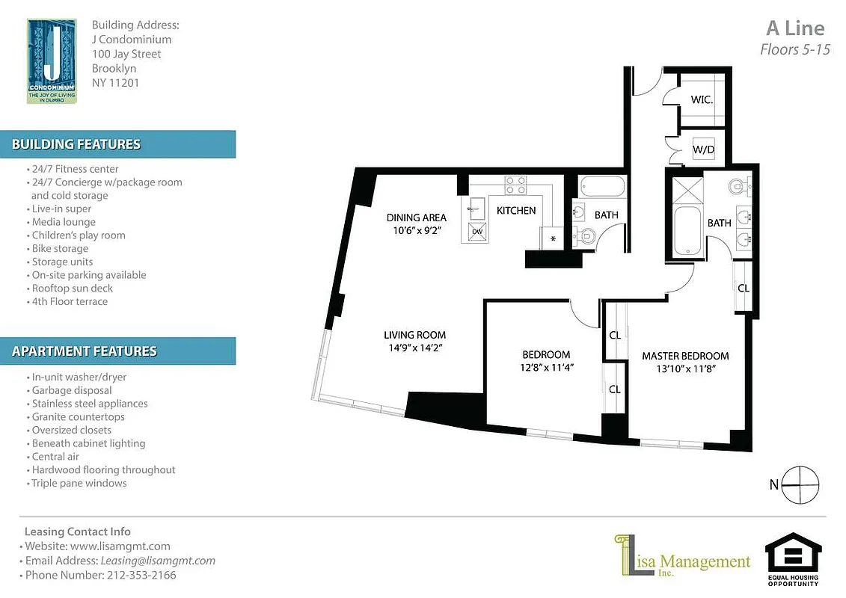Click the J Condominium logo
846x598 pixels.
52,61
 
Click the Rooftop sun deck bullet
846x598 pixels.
72,289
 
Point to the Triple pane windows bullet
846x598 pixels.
79,484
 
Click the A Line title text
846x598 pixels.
795,28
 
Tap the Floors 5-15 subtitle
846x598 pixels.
795,50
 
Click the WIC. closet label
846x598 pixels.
701,99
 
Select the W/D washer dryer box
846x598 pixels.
703,149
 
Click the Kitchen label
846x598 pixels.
516,211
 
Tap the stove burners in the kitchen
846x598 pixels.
515,185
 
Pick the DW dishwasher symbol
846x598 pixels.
477,232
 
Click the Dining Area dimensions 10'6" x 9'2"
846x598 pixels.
416,231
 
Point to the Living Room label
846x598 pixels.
414,335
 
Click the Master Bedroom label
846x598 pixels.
685,356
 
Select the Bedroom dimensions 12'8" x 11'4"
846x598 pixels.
546,367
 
